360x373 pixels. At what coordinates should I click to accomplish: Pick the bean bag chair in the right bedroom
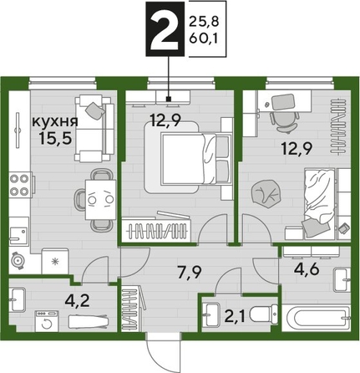click(271, 192)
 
